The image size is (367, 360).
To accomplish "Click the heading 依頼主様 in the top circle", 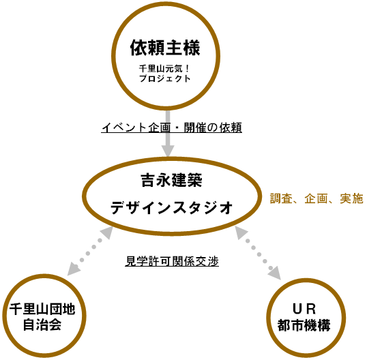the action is tap(165, 48).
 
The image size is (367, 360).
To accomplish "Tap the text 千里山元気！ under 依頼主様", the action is tap(165, 69).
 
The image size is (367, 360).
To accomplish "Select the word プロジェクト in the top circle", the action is tap(165, 78).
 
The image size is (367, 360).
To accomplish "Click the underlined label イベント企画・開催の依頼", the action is tap(172, 127).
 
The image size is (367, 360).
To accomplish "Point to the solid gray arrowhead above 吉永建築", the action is tap(168, 151).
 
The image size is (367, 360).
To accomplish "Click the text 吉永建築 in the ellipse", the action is tap(172, 180).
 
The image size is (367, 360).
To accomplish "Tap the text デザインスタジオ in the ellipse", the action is tap(172, 207).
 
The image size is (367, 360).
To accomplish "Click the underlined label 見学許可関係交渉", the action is tap(172, 262).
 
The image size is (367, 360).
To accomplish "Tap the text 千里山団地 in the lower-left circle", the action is tap(42, 310).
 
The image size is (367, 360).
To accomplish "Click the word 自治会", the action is tap(42, 325).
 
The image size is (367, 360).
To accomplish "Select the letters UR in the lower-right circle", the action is tap(304, 309).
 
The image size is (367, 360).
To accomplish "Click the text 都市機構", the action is tap(304, 325).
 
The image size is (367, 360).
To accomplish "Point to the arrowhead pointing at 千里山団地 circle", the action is tap(73, 269).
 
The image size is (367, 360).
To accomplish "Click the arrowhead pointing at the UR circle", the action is tap(276, 273).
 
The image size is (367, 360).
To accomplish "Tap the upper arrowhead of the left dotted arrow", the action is tap(106, 232).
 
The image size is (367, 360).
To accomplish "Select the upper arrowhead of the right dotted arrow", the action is tap(241, 232).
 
